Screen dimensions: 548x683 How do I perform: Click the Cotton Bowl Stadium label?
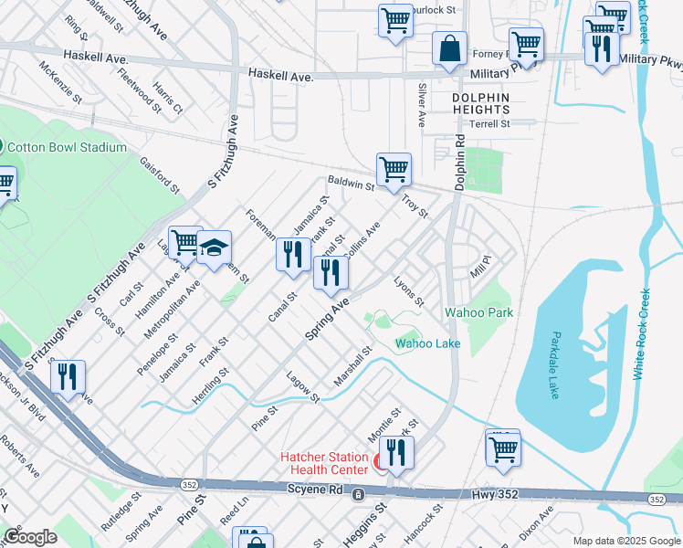(68, 148)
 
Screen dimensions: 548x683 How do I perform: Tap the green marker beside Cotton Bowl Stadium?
(3, 147)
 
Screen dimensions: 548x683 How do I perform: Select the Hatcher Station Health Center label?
(325, 463)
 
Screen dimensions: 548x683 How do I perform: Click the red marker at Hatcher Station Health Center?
(379, 463)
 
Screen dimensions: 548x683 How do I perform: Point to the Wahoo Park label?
(478, 312)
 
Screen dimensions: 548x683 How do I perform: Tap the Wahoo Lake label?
(427, 343)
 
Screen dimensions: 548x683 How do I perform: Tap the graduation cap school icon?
(214, 248)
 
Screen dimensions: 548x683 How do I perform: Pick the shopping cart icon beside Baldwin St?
(394, 169)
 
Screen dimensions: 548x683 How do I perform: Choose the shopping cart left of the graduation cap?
(185, 242)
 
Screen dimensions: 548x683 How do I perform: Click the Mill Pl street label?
(480, 266)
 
